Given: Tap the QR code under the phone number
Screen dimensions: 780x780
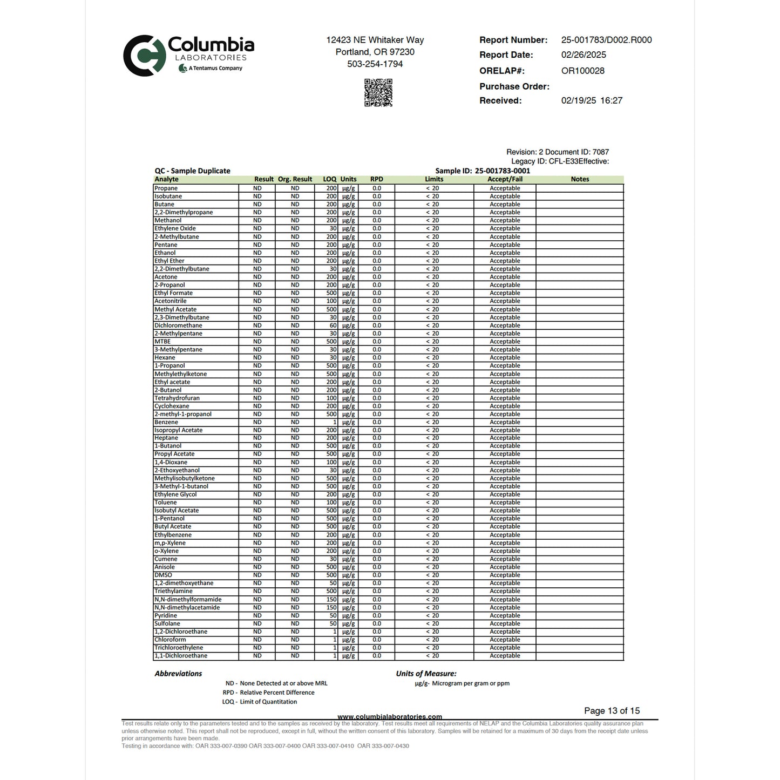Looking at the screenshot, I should [x=378, y=93].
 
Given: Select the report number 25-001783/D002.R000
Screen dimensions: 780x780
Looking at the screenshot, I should [x=606, y=40].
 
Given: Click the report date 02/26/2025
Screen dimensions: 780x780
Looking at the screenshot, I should [x=584, y=55].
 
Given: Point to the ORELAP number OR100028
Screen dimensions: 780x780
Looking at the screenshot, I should [x=582, y=71].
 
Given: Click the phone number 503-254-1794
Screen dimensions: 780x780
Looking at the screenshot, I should [x=375, y=64].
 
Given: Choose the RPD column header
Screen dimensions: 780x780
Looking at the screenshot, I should [x=376, y=179].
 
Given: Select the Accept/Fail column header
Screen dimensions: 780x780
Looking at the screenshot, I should [x=505, y=179].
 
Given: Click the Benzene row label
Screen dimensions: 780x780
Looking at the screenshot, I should [x=166, y=422].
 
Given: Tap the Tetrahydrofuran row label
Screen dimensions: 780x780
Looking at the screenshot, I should [x=177, y=398].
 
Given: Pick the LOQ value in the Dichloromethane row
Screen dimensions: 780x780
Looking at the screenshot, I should [x=333, y=325].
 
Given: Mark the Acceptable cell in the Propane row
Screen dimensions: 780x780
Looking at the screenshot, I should [x=505, y=188].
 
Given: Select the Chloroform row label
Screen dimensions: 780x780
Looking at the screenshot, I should [x=170, y=640].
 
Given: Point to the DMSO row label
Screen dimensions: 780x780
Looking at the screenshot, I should [x=163, y=575].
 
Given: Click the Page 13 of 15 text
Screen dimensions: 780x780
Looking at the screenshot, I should [x=612, y=711].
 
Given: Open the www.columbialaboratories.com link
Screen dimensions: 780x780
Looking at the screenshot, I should [x=390, y=717].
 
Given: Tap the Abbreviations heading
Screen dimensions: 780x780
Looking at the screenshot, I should [x=178, y=674].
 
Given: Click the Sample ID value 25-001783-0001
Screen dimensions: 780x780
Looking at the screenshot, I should [x=502, y=171].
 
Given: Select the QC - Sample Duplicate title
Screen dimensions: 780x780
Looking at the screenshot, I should [x=192, y=171].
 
